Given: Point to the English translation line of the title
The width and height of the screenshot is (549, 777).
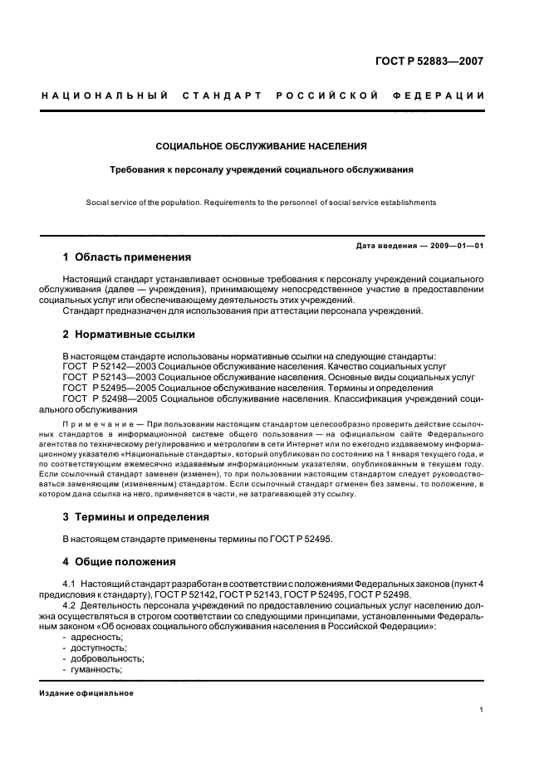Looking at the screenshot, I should [x=262, y=202].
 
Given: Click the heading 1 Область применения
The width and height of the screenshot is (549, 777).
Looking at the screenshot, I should [x=127, y=257].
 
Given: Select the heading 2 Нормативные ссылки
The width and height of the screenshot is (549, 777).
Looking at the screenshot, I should [x=129, y=335].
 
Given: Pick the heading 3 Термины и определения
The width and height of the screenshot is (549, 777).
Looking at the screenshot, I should [x=136, y=516].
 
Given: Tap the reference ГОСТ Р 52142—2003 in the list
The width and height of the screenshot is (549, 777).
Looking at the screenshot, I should [x=108, y=366].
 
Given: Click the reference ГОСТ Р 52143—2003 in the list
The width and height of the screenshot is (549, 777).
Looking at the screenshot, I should [x=108, y=377].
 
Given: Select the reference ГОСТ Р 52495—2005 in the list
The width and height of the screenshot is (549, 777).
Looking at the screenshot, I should [x=108, y=388].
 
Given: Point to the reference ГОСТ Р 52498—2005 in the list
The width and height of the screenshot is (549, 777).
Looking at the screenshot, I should [x=108, y=398].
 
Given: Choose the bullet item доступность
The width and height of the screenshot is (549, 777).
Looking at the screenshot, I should [x=98, y=647].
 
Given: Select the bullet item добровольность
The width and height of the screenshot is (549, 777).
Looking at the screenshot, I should [x=104, y=658].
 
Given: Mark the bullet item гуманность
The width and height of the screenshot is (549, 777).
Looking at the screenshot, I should [x=96, y=669].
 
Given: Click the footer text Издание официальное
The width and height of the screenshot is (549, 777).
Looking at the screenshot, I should [x=86, y=693].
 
